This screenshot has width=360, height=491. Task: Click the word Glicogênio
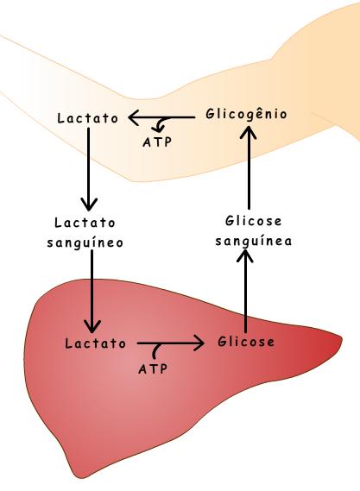pos(246,114)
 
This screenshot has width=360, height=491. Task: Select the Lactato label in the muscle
pos(88,118)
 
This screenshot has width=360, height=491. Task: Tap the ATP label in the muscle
pos(157,142)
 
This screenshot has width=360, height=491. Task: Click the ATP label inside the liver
pos(153,368)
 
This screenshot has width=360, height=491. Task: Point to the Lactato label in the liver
pos(95,343)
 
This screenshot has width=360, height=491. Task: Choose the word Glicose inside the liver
pos(246,341)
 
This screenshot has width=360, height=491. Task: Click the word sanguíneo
pos(85,242)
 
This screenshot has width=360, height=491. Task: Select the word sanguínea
pos(254,241)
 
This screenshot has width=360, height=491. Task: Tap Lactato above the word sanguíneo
pos(85,223)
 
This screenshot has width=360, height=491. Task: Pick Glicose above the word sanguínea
pos(254,221)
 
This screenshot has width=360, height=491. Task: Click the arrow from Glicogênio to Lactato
pos(161,118)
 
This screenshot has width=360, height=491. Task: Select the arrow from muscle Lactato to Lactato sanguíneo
pos(89,169)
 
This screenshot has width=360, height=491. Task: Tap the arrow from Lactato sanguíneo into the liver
pos(92,291)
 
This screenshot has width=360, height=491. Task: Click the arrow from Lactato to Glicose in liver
pos(171,343)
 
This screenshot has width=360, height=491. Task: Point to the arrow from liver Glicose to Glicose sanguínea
pos(245,291)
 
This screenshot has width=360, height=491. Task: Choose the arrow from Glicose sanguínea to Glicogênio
pos(249,167)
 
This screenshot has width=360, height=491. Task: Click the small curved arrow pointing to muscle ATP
pos(161,125)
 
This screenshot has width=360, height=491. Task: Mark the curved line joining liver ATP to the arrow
pos(155,350)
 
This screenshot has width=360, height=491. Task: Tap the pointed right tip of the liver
pos(342,338)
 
